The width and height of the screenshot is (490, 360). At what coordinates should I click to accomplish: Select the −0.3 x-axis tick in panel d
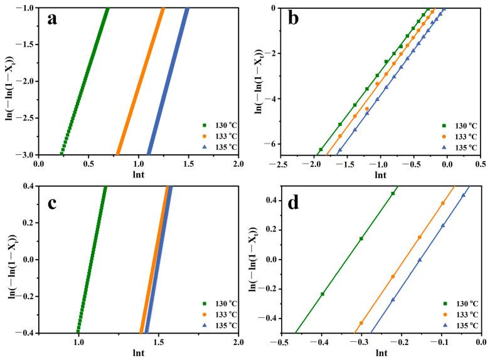point(361,343)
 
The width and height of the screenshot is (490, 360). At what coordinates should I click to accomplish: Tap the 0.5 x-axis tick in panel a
point(88,164)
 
